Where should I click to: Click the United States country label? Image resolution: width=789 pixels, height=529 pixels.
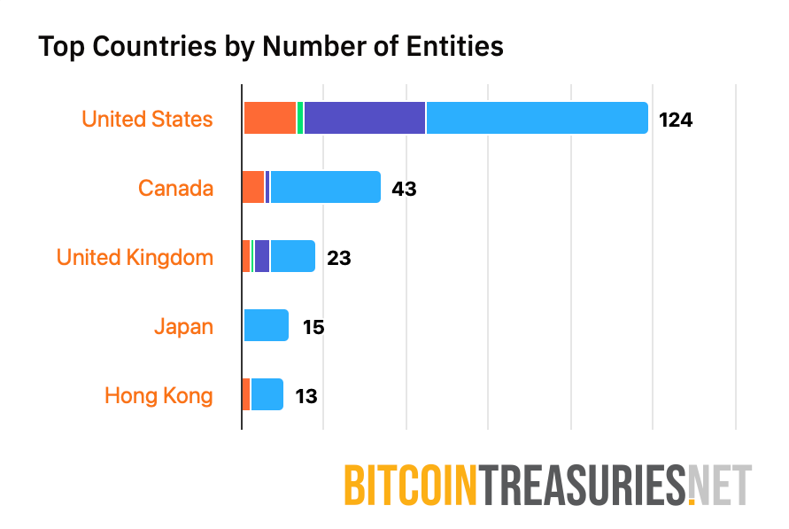tap(147, 119)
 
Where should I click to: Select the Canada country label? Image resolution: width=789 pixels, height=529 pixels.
tap(175, 188)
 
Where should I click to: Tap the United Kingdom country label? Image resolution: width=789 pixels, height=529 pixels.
tap(135, 257)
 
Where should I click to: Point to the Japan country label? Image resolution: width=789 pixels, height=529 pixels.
tap(183, 326)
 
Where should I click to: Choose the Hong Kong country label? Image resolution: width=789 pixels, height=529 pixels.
tap(159, 395)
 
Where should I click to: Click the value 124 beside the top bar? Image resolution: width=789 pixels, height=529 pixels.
tap(675, 119)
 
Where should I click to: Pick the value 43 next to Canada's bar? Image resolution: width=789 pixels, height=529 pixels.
tap(404, 188)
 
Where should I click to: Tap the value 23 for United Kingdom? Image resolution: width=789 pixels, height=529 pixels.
tap(338, 257)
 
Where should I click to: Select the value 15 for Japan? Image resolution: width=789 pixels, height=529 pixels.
tap(313, 326)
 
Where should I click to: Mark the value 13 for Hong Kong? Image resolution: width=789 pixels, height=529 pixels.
tap(306, 395)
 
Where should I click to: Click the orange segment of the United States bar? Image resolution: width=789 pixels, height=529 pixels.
tap(269, 119)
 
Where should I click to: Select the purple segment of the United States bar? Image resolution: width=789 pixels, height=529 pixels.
tap(364, 119)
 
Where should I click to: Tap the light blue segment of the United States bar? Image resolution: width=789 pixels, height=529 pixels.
tap(537, 119)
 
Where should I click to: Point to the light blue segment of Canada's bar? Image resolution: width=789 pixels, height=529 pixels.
tap(325, 188)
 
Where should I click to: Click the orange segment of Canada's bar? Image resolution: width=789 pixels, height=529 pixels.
tap(253, 188)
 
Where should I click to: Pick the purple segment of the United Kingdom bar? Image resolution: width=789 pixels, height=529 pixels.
tap(261, 257)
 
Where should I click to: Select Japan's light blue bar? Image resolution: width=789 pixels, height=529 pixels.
tap(266, 326)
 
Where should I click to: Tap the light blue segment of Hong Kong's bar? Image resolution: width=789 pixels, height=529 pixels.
tap(267, 395)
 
